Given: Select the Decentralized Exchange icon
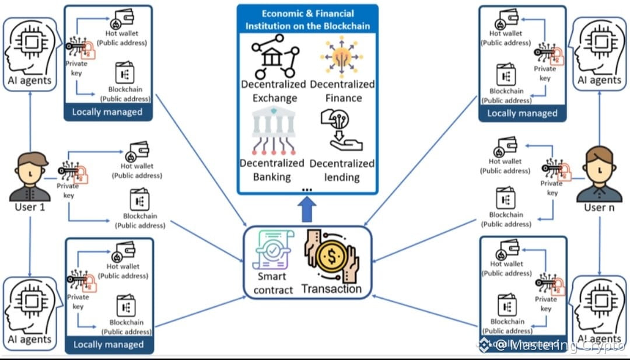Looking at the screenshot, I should [275, 57].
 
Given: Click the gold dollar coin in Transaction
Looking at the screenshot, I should [331, 257].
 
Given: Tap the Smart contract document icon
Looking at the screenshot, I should [274, 250].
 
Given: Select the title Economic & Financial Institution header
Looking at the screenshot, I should [307, 20].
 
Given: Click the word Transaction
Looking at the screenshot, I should [331, 289].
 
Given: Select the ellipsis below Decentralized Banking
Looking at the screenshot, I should [307, 188].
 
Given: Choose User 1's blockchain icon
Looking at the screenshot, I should [139, 200].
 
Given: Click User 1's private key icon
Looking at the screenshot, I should [72, 172].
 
